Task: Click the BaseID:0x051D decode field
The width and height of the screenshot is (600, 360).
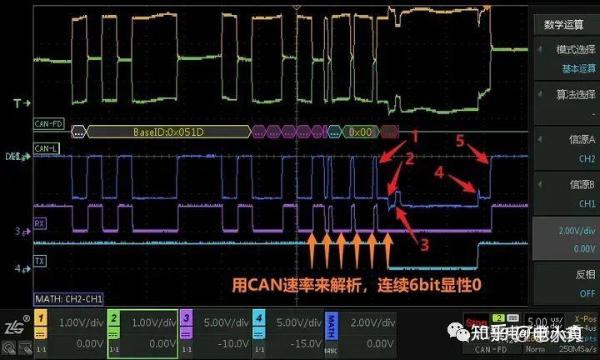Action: pyautogui.click(x=167, y=132)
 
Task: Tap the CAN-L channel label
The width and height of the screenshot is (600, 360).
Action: pyautogui.click(x=47, y=148)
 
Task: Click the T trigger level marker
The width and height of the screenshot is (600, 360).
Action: pyautogui.click(x=18, y=103)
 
